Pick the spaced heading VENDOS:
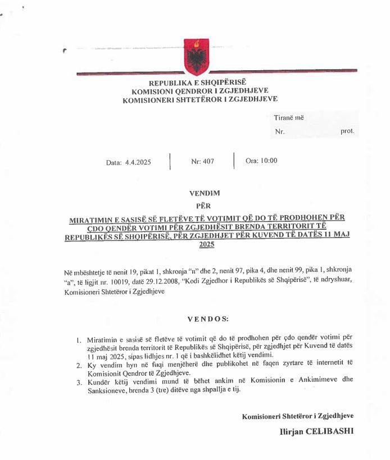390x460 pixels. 208,319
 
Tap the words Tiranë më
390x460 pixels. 289,117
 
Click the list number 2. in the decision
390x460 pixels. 79,366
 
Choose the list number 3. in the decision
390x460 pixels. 79,381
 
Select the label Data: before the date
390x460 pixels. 114,162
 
